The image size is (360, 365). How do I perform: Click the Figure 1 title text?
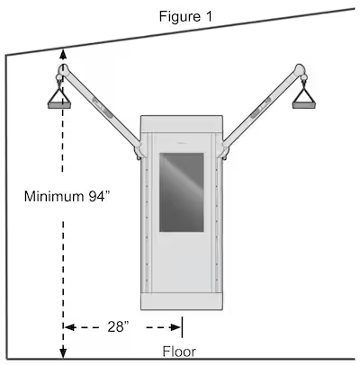tap(185, 16)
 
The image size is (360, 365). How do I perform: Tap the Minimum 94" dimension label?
tap(67, 197)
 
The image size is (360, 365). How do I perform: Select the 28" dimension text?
tap(118, 326)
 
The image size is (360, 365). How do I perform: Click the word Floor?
tap(179, 352)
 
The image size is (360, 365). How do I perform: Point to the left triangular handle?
tap(59, 98)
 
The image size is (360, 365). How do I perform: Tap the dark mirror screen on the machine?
tap(182, 192)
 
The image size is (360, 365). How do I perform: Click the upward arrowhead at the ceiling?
tap(63, 54)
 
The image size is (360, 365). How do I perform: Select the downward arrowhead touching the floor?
tap(63, 352)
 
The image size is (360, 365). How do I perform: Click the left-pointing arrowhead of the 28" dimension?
tap(69, 327)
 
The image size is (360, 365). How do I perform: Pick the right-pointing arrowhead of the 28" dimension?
tap(175, 327)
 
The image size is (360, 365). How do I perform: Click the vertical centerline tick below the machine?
tap(182, 327)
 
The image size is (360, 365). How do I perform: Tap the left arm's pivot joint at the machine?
tap(139, 151)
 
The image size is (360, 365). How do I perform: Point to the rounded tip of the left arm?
tap(63, 70)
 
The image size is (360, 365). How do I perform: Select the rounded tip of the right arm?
tap(300, 69)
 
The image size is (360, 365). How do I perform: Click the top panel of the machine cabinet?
tap(182, 123)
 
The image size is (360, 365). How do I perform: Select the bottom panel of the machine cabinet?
tap(182, 301)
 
